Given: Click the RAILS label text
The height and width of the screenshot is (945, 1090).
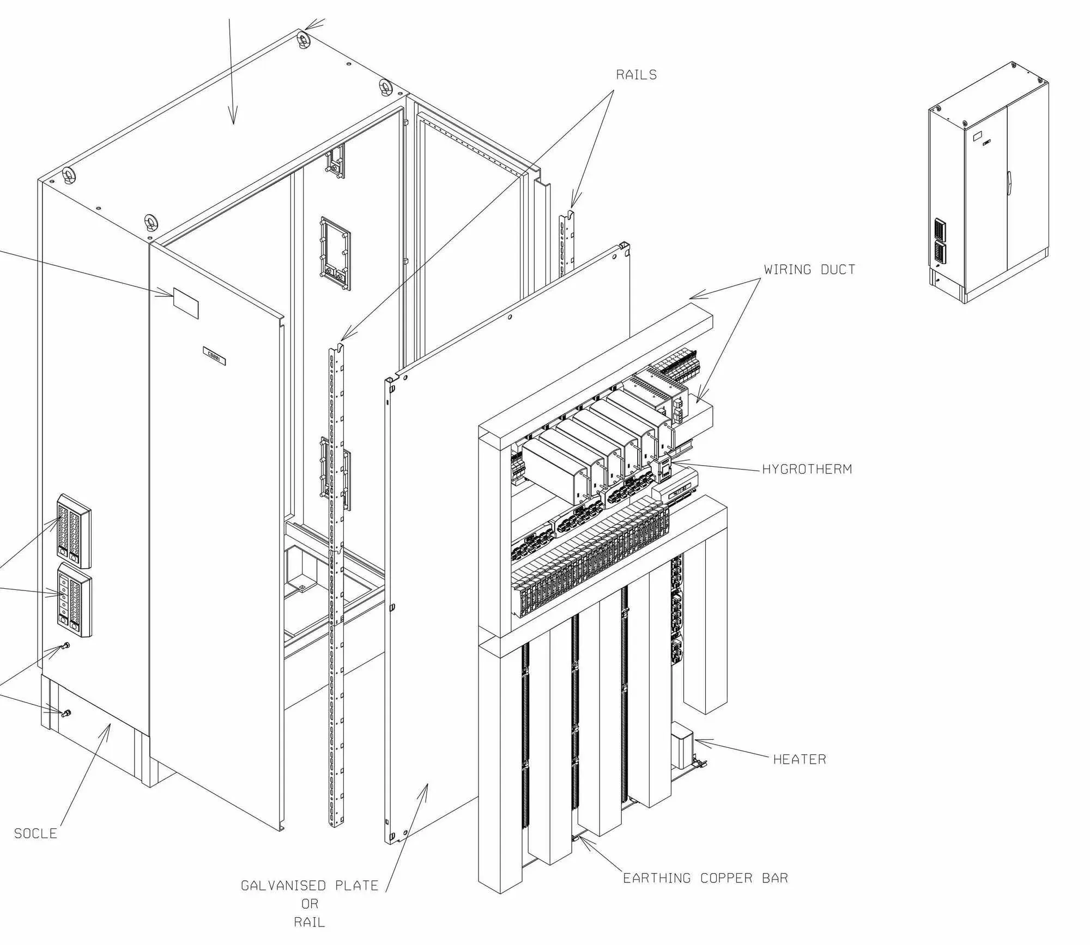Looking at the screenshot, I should coord(636,75).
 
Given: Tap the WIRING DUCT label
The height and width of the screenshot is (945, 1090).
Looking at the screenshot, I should coord(809,270).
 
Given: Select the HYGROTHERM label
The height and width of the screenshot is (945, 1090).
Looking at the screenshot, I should coord(807,469).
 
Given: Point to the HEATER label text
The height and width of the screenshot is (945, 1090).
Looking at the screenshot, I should coord(800,759).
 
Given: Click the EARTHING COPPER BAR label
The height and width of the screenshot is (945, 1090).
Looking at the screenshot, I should coord(705,878).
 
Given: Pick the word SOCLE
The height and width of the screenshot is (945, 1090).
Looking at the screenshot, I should coord(35,833).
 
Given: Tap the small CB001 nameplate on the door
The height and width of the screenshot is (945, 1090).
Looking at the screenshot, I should coord(214,356).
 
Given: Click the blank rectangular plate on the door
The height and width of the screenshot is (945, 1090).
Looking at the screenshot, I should coord(186,303).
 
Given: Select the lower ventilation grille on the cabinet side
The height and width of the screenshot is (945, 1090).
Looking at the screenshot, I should coord(75,600).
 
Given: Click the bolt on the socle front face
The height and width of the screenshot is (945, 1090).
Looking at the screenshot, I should coord(66,713).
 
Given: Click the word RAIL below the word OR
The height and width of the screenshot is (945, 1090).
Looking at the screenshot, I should coord(309,922).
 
